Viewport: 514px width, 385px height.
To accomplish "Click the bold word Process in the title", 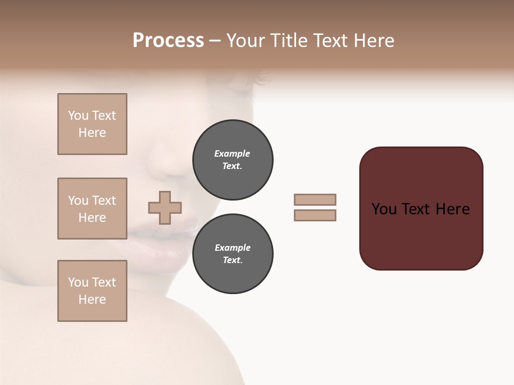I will [168, 41].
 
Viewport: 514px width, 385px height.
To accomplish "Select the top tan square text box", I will [92, 124].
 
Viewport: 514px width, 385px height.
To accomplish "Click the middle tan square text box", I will [92, 209].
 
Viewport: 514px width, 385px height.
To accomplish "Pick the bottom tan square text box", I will [92, 291].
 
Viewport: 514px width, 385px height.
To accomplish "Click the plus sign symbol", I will [165, 207].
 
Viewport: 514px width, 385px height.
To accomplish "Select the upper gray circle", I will [232, 160].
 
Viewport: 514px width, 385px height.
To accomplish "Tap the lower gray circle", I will [232, 254].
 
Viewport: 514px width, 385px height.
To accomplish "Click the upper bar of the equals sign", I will [315, 199].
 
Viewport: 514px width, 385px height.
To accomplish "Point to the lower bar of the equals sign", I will [315, 215].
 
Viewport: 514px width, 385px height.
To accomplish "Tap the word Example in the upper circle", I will [232, 153].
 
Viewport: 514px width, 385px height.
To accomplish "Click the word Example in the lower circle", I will [232, 248].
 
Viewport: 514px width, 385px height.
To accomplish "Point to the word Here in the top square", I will [92, 133].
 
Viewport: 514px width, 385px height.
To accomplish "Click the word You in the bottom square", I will [78, 282].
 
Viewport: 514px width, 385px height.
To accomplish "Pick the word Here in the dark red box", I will [452, 209].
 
